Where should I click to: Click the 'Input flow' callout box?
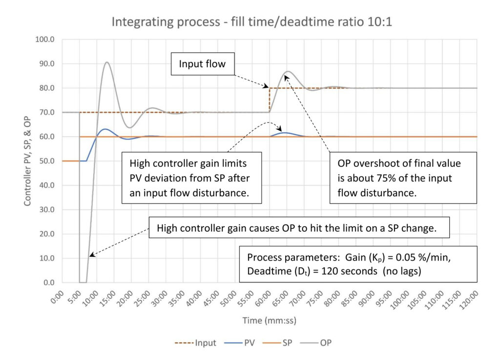[202, 64]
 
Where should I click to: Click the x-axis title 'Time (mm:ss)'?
[270, 320]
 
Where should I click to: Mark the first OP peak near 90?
[106, 62]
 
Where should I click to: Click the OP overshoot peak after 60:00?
[288, 72]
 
